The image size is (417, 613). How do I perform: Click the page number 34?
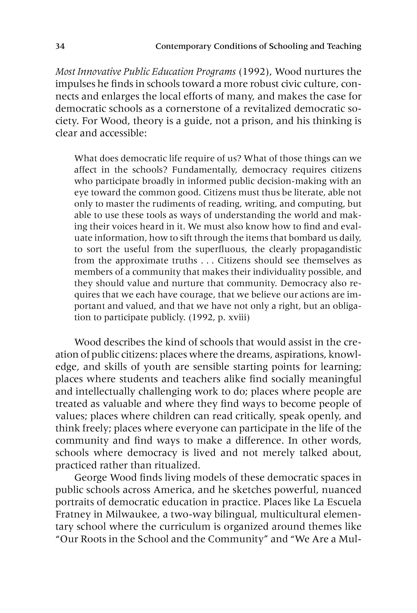click(60, 46)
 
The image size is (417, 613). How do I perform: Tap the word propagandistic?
click(331, 249)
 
